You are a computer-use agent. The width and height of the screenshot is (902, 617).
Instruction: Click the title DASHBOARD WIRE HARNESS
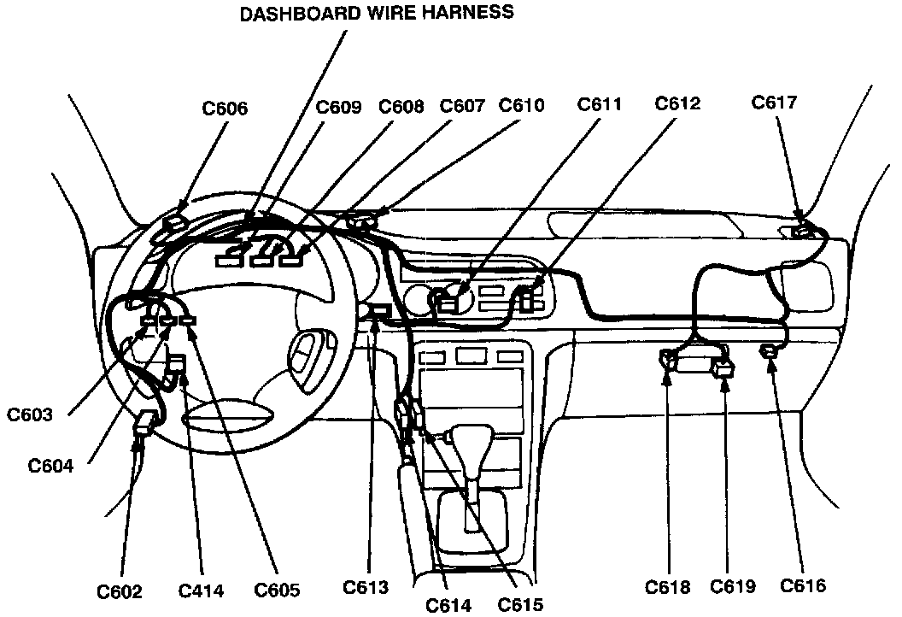tap(377, 13)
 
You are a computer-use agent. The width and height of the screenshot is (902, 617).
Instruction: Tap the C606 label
tap(225, 109)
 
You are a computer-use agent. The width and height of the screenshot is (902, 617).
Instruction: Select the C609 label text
tap(338, 107)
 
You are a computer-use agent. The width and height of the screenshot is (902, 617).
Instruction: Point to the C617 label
tap(774, 103)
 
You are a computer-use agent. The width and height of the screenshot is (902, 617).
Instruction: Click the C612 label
tap(677, 103)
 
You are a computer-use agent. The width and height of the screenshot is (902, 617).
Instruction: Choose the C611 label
tap(600, 104)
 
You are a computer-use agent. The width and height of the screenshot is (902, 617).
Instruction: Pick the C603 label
tap(31, 415)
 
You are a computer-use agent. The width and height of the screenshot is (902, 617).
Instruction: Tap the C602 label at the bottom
tap(119, 591)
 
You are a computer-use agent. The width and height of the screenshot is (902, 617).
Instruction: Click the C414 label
tap(201, 591)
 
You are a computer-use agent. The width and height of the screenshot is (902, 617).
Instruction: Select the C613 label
tap(366, 588)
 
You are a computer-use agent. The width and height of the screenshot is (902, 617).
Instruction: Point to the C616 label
tap(803, 585)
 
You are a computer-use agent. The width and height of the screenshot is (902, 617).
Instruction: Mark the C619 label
tap(734, 587)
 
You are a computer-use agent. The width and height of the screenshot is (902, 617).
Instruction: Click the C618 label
tap(668, 587)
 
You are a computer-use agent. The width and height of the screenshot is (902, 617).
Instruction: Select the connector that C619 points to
tap(723, 368)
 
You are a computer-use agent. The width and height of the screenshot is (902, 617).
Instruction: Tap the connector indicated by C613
tap(379, 310)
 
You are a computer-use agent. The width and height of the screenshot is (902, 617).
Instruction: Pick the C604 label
tap(51, 466)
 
